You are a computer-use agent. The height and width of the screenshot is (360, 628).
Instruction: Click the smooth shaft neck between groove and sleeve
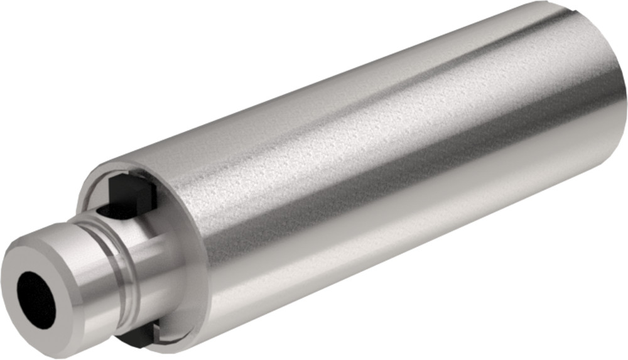click(x=151, y=264)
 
